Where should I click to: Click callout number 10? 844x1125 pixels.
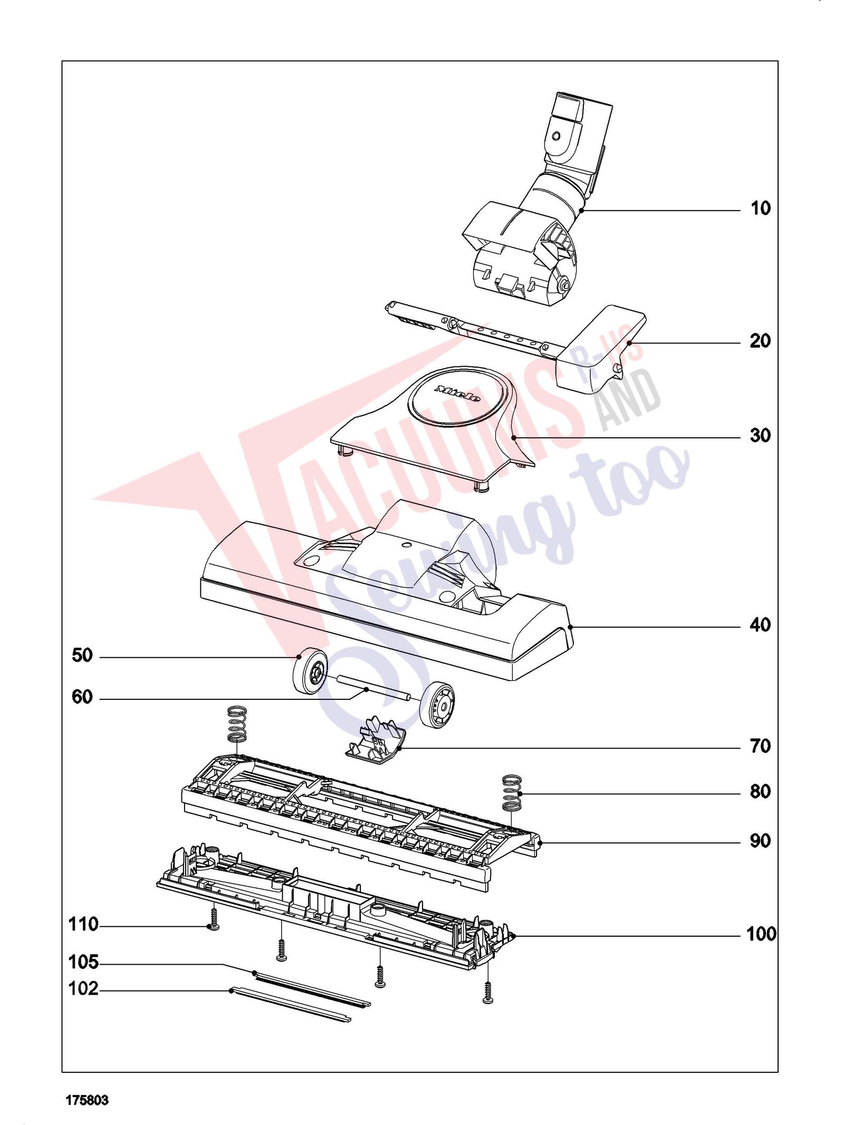pyautogui.click(x=760, y=208)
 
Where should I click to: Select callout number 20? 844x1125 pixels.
pyautogui.click(x=760, y=341)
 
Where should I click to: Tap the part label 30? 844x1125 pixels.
pyautogui.click(x=760, y=436)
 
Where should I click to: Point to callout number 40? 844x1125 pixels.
pyautogui.click(x=760, y=625)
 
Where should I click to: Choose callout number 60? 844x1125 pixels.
pyautogui.click(x=82, y=698)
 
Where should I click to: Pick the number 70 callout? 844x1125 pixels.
pyautogui.click(x=760, y=746)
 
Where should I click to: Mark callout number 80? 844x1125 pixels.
pyautogui.click(x=760, y=806)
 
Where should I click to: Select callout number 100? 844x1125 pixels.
pyautogui.click(x=761, y=935)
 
